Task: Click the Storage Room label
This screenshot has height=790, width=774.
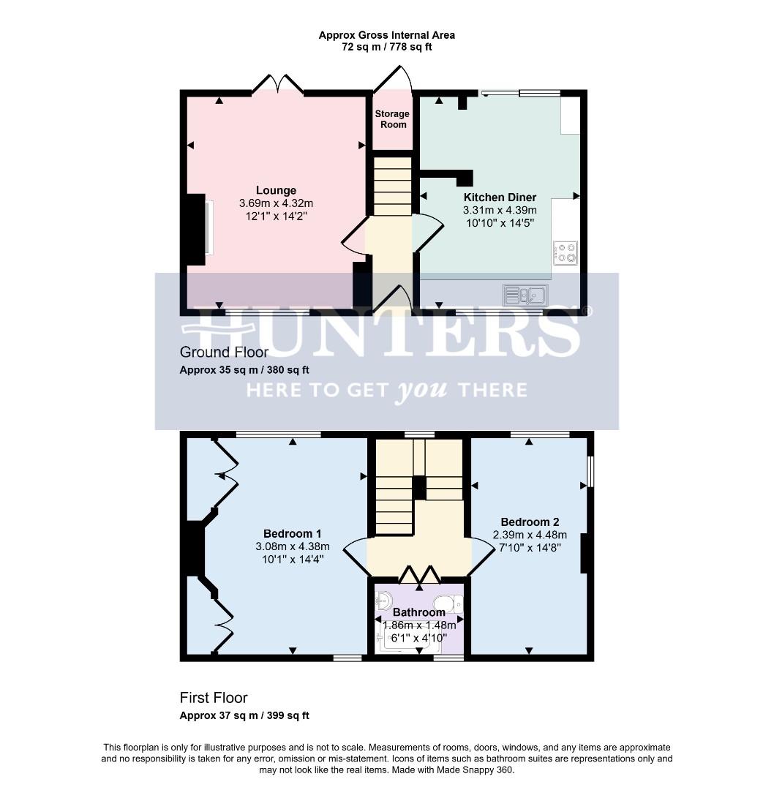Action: click(x=392, y=119)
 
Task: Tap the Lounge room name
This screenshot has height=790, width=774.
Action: click(x=276, y=190)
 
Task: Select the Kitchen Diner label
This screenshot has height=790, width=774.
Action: click(x=500, y=197)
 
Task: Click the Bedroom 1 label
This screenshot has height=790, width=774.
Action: click(x=292, y=533)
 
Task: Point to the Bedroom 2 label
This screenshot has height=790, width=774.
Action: click(x=530, y=522)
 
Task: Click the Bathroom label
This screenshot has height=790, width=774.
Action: click(x=418, y=612)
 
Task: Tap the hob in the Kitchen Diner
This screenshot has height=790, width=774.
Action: click(x=566, y=252)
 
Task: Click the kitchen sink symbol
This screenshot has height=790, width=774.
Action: click(x=525, y=295)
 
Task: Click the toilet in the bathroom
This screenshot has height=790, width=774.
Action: click(x=455, y=603)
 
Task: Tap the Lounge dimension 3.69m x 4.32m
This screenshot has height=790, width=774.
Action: click(x=276, y=203)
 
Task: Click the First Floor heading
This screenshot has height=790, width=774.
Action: click(x=214, y=698)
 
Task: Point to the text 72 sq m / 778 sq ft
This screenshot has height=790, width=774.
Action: click(x=387, y=47)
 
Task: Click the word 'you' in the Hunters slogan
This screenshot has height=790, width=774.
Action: click(x=421, y=390)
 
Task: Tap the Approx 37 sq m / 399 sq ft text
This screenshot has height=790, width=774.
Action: click(x=244, y=715)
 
